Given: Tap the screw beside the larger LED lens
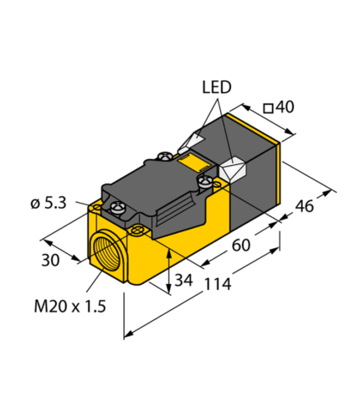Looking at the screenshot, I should [x=203, y=178].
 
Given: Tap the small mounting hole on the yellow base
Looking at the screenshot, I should [x=134, y=227].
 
